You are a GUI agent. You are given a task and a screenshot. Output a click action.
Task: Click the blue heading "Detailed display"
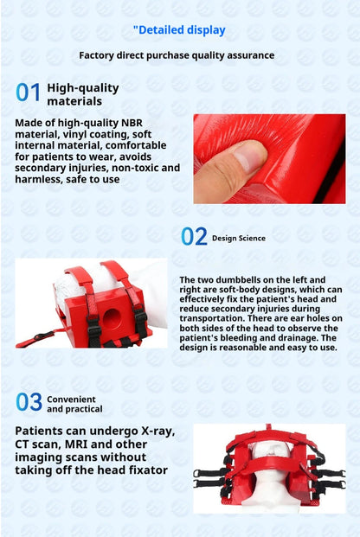[182, 30]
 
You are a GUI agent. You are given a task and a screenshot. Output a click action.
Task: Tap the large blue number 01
[29, 93]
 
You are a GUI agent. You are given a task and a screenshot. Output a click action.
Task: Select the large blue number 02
[194, 236]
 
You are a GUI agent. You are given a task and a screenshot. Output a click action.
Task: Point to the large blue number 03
[29, 402]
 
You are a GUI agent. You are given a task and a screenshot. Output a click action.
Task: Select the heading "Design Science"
[239, 238]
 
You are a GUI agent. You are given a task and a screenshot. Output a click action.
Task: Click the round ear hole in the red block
[112, 318]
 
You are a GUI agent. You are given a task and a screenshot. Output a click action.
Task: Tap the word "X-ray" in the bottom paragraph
[158, 432]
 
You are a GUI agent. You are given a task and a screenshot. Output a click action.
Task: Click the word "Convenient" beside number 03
[71, 400]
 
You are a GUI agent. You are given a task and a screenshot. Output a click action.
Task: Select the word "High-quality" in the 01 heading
[83, 88]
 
